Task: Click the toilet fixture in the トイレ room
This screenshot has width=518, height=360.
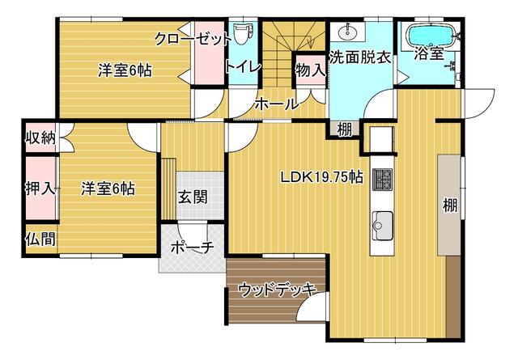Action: pos(243,33)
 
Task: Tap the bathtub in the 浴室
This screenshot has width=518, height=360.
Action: pos(432,36)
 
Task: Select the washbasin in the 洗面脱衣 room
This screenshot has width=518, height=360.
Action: pos(347,32)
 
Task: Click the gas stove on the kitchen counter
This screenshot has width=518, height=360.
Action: pos(383,180)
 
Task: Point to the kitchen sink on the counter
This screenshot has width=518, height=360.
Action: pos(383,226)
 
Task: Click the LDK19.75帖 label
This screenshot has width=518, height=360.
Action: pos(322,177)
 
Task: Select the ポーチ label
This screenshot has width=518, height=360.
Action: pos(193,248)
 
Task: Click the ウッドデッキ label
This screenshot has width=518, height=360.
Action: pos(277,290)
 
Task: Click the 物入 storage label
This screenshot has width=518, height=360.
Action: pos(310,70)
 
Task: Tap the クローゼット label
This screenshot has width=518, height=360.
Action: pos(193,39)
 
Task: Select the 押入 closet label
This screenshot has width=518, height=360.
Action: pos(40,189)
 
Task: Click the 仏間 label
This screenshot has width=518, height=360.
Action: pos(41,239)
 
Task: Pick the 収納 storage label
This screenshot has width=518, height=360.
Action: pos(41,137)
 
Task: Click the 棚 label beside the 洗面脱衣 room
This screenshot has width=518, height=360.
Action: pos(345,129)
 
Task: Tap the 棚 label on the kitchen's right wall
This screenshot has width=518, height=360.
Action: pos(450,205)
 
